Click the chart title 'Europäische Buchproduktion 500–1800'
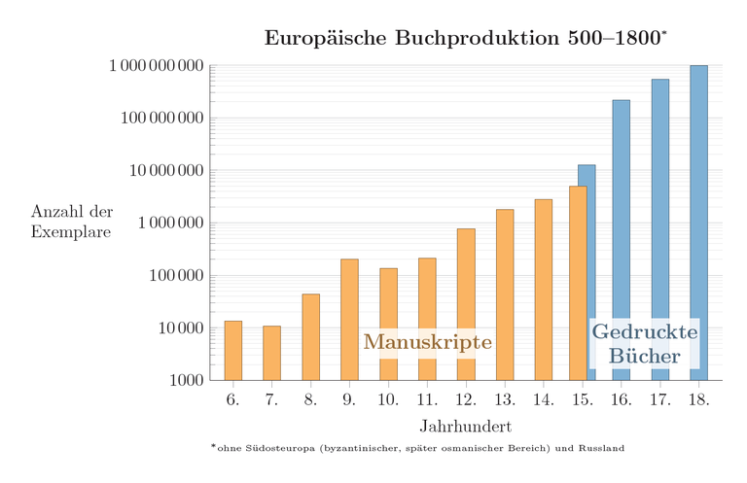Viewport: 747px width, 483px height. click(x=465, y=39)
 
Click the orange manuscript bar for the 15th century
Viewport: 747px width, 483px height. click(x=578, y=282)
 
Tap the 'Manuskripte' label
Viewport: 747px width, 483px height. click(x=427, y=342)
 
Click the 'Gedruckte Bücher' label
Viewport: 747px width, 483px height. click(x=645, y=344)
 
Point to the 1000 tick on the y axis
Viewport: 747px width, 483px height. click(x=184, y=380)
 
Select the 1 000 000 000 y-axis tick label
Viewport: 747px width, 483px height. click(x=156, y=66)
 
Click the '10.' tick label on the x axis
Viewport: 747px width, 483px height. click(x=388, y=400)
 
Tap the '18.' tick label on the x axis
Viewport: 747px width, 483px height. click(x=698, y=400)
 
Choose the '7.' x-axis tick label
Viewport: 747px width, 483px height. click(x=271, y=400)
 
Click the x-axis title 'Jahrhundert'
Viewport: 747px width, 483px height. click(x=465, y=427)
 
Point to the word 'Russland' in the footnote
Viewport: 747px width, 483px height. click(x=602, y=449)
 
